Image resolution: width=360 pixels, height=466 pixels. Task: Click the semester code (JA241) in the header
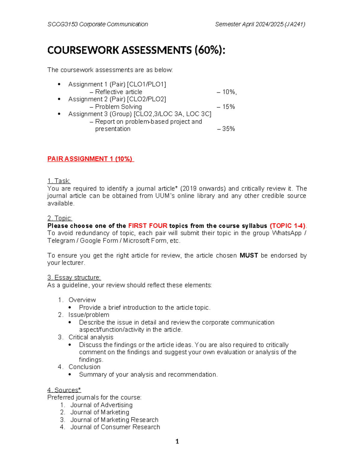click(x=295, y=24)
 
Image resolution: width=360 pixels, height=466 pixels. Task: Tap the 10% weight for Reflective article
click(x=229, y=92)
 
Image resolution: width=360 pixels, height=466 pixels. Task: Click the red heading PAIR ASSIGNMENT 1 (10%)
click(x=90, y=159)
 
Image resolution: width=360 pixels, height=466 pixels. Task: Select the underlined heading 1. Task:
click(x=59, y=181)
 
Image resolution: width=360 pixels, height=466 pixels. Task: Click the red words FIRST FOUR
click(x=148, y=226)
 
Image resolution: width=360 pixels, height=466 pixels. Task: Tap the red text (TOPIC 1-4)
click(x=288, y=226)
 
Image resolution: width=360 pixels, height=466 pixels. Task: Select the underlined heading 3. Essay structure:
click(x=74, y=278)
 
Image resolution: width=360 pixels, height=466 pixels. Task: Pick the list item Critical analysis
click(x=91, y=337)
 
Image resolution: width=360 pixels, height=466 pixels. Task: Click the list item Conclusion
click(x=84, y=367)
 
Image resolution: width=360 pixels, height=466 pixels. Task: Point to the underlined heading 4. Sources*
click(x=64, y=390)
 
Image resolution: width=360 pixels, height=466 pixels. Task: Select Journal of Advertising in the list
click(x=101, y=405)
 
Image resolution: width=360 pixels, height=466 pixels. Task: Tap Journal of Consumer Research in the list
click(x=115, y=427)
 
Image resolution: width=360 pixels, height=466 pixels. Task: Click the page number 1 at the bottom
click(x=177, y=441)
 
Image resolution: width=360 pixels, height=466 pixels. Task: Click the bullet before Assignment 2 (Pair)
click(x=59, y=99)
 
